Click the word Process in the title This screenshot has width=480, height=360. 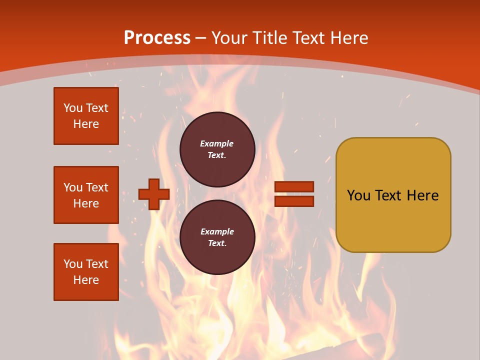157,38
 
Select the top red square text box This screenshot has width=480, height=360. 86,116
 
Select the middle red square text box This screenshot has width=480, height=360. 86,195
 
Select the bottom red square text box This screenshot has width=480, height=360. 86,272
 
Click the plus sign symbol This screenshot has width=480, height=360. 154,194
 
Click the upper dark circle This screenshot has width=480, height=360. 217,149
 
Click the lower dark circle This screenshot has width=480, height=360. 217,237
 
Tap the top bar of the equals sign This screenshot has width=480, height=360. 294,187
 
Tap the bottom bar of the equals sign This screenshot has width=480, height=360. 294,201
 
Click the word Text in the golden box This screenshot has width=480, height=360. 388,195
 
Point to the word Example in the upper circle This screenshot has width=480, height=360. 217,143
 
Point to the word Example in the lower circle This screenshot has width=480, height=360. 217,231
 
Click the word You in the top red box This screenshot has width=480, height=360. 72,108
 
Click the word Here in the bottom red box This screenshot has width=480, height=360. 86,280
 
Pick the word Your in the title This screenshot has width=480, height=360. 229,38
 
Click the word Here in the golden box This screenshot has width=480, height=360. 422,195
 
